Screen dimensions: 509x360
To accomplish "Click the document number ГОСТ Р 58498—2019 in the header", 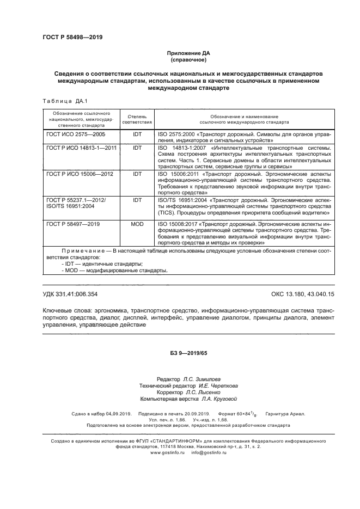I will [x=72, y=38].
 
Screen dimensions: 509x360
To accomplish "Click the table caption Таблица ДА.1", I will [x=61, y=101].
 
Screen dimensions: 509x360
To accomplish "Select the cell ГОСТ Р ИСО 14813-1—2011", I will [x=82, y=148].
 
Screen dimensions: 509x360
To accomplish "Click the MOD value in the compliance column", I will [x=137, y=224].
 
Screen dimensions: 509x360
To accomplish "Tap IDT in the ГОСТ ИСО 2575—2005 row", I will [x=137, y=133].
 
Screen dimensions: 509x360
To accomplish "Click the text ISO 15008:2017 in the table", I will [x=178, y=224].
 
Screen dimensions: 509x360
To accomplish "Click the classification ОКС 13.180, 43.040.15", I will [x=301, y=295].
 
